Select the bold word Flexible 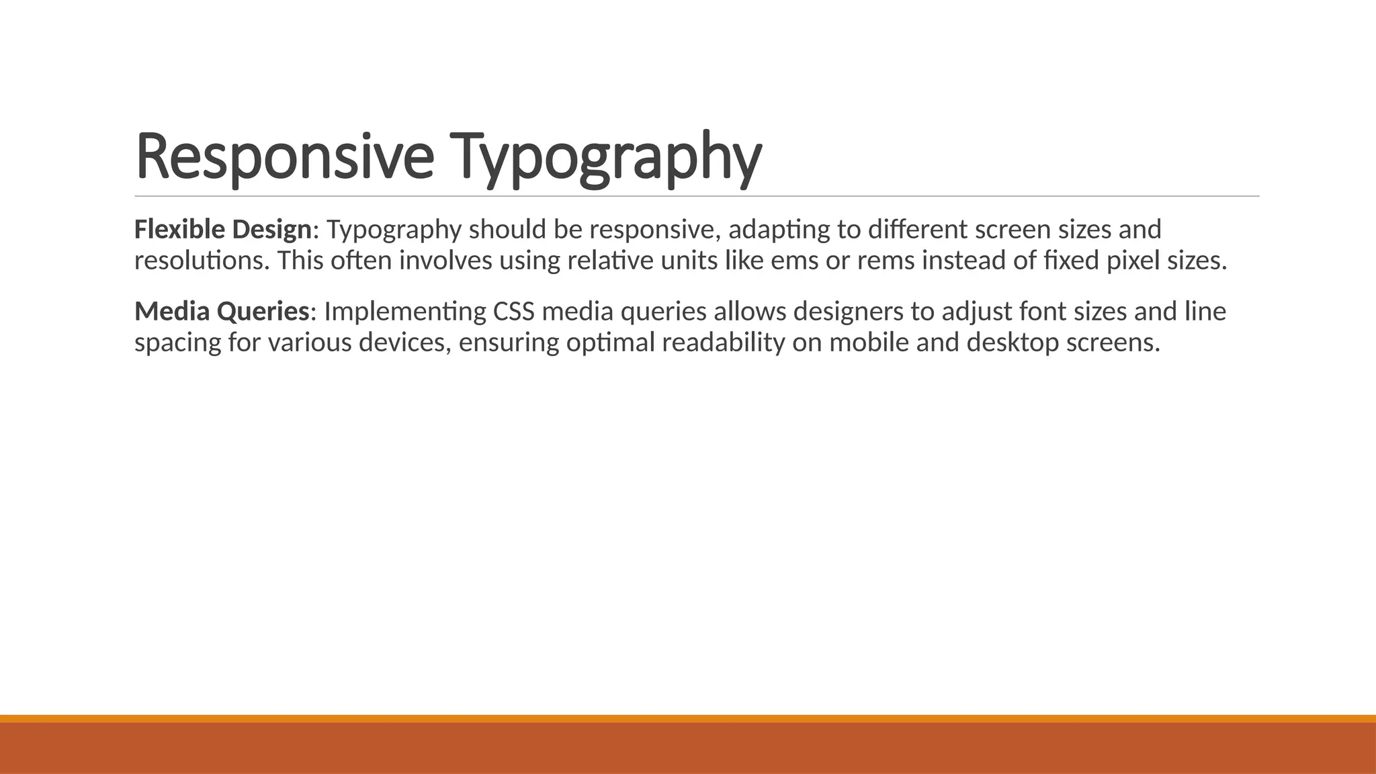coord(179,230)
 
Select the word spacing coord(177,343)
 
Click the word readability coord(723,343)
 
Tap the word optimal coord(610,343)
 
